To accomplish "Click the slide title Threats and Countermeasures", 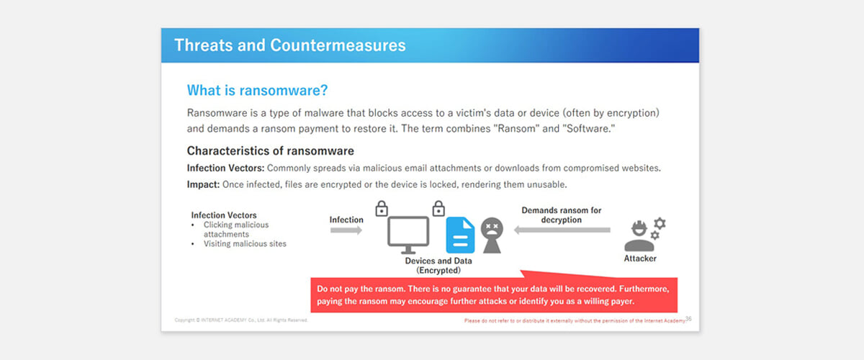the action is click(290, 45).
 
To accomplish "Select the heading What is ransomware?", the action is click(257, 90).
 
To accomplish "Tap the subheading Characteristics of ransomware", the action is click(271, 150).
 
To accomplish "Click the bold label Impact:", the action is click(203, 184).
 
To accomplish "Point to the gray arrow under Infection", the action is click(346, 230).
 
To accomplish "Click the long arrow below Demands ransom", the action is click(562, 230).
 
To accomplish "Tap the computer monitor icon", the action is click(408, 235).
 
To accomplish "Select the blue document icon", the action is click(460, 235).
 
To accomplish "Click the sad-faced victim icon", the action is click(492, 235).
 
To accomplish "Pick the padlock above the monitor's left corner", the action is click(382, 208).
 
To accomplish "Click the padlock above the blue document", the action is click(438, 208).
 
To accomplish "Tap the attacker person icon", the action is click(639, 236).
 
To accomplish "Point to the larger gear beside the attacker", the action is click(660, 223).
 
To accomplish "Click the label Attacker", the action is click(640, 258).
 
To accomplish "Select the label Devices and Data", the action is click(438, 261).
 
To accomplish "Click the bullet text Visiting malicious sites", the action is click(245, 244).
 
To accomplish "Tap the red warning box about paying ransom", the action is click(494, 294).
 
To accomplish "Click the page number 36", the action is click(688, 319).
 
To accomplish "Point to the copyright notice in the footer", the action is click(241, 320).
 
